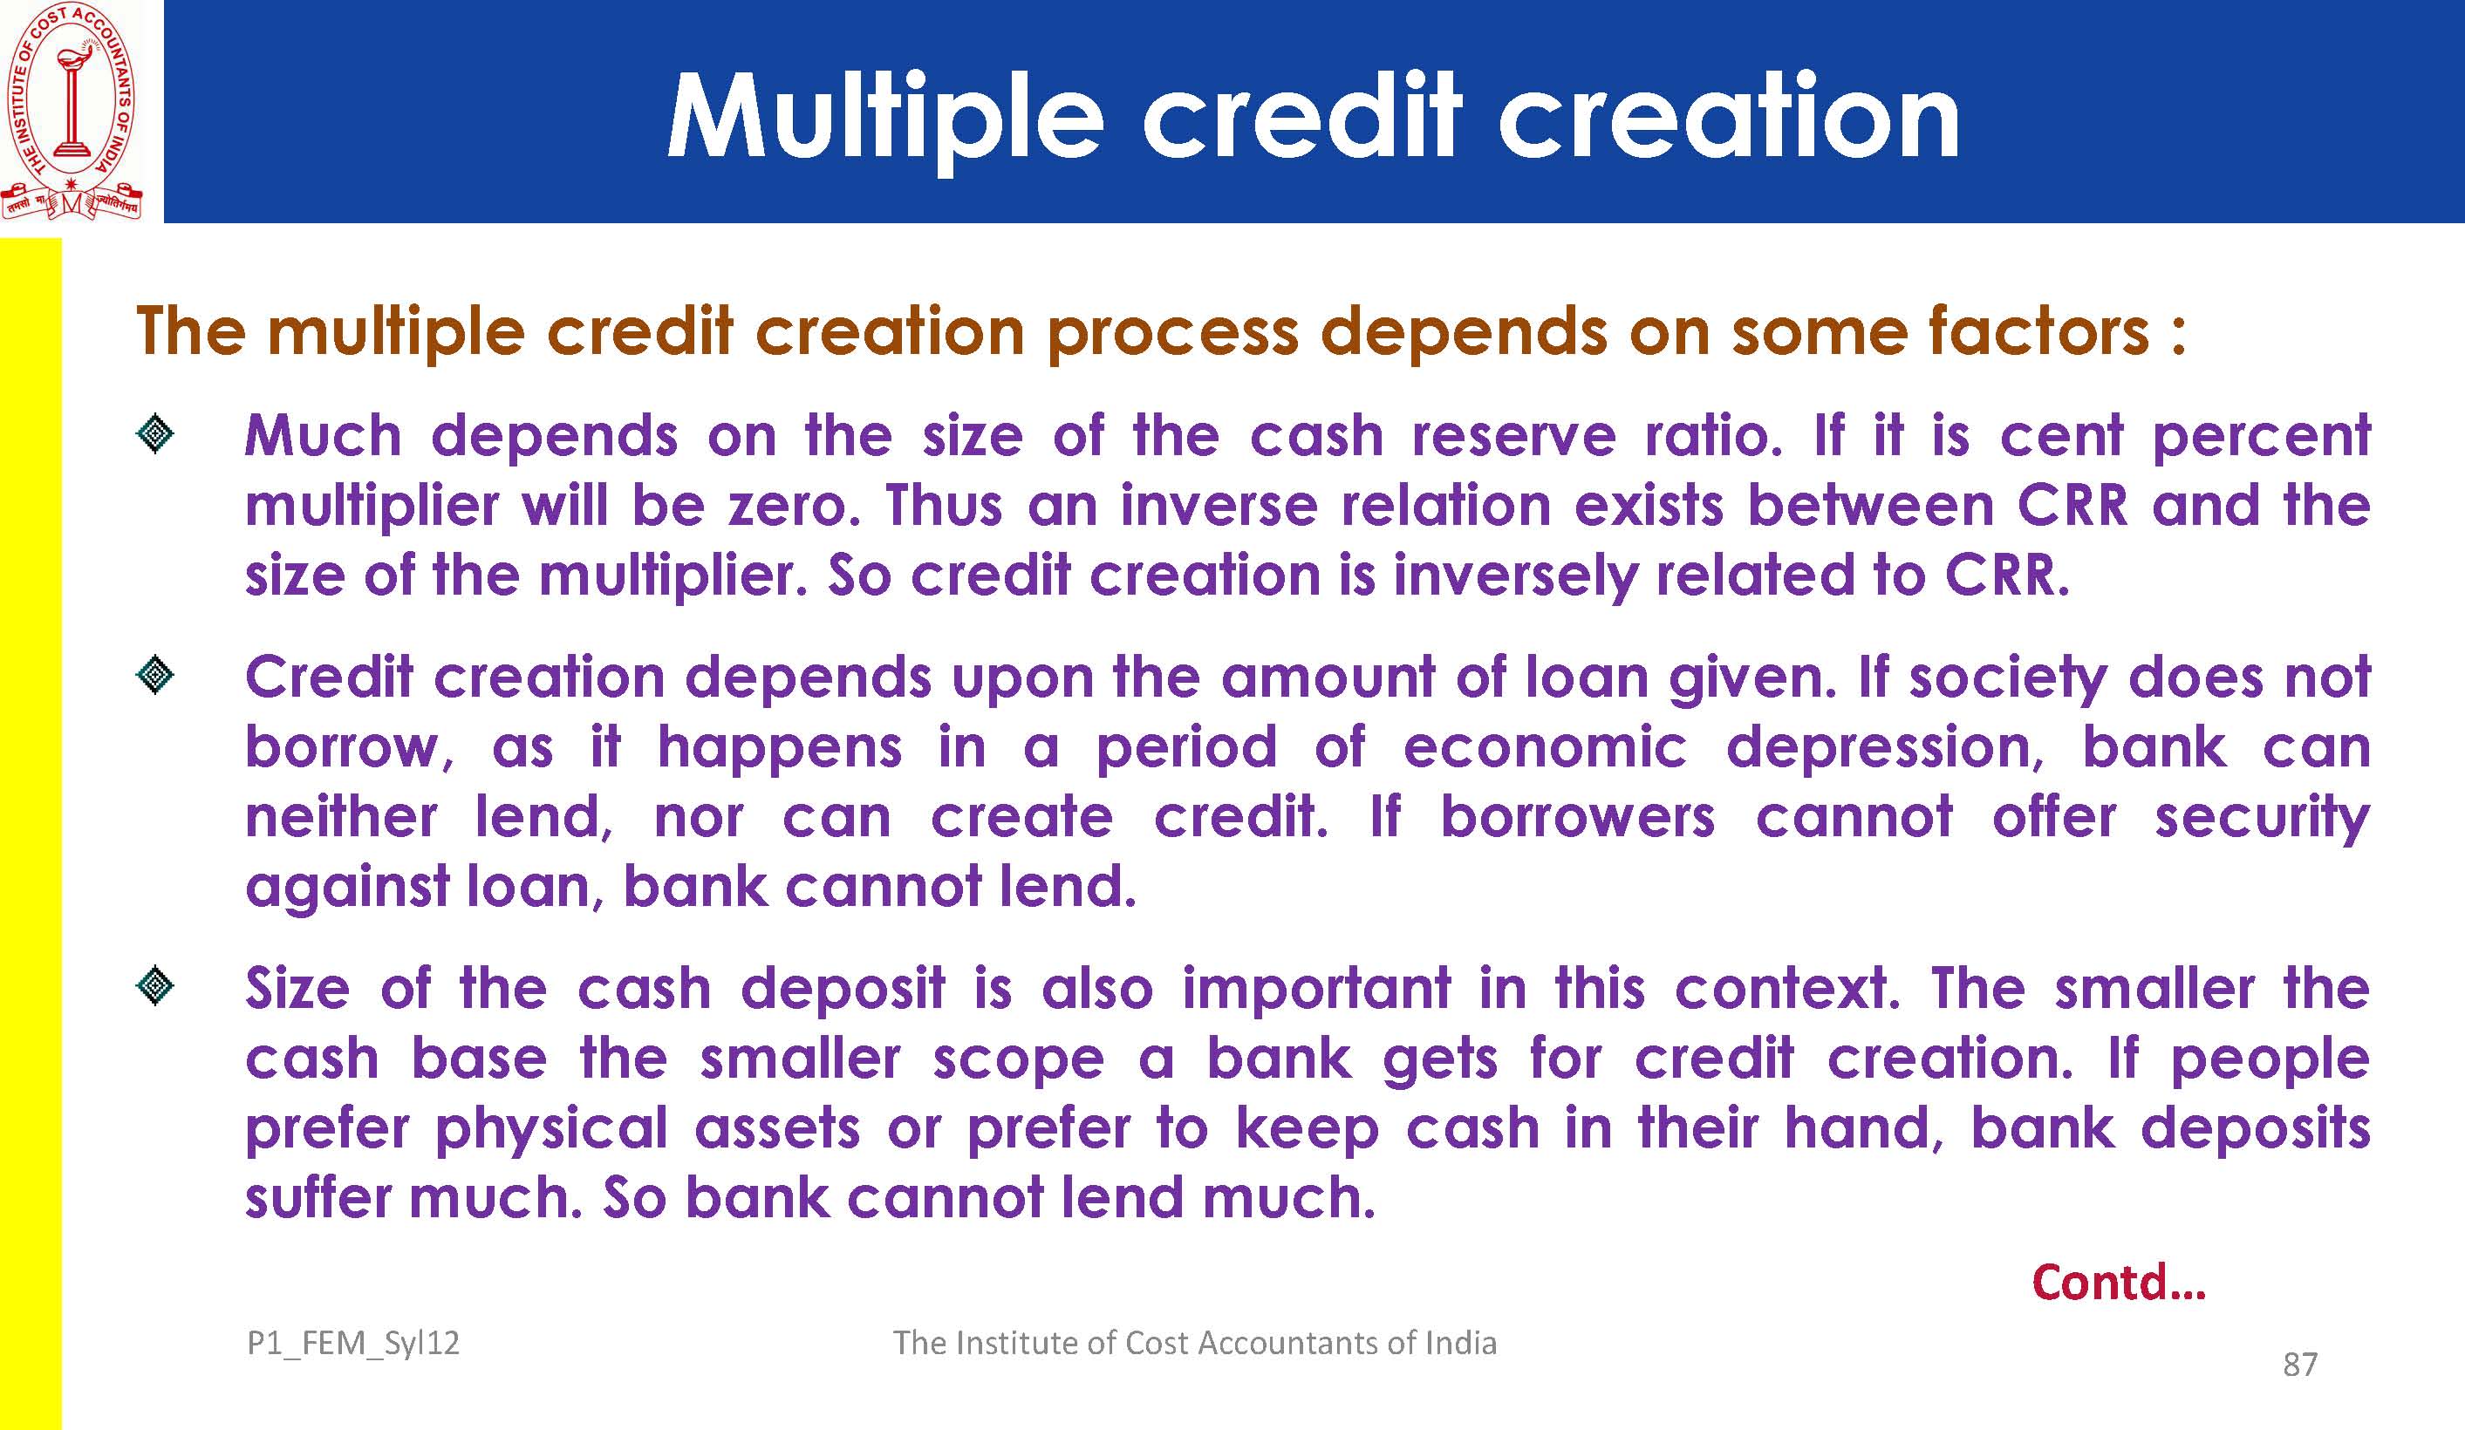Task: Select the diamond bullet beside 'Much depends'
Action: [x=155, y=434]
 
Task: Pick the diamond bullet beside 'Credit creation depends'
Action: [x=155, y=676]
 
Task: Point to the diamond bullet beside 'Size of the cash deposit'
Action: [x=155, y=987]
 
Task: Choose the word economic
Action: [x=1546, y=748]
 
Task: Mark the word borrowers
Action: [x=1578, y=817]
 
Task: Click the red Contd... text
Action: [x=2119, y=1283]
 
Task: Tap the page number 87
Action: [x=2299, y=1365]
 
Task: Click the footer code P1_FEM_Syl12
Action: [x=353, y=1344]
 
